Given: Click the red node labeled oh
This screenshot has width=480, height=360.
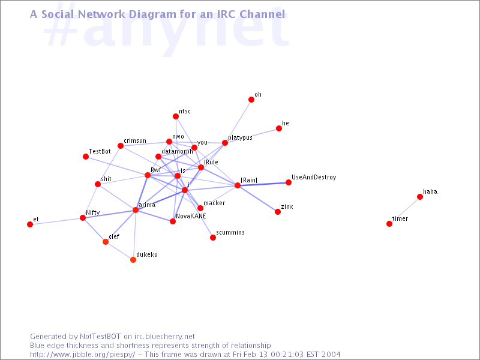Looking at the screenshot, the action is [251, 100].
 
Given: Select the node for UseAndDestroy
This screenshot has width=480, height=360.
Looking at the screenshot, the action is [289, 182].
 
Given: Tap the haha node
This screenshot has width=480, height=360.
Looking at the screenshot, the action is [420, 197].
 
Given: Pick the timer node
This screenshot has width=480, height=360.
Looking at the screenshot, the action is [389, 224].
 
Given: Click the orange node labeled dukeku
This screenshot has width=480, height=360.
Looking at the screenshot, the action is [133, 260].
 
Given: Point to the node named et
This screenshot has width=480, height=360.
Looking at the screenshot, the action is [30, 224].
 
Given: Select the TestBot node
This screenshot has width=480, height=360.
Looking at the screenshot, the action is [86, 157].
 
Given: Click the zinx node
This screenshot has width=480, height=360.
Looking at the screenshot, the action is [278, 212].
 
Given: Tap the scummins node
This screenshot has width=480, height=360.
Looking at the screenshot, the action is [213, 238].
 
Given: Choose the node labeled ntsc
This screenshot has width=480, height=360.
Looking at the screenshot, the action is [176, 116].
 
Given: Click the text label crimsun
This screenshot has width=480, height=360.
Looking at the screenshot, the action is [135, 140].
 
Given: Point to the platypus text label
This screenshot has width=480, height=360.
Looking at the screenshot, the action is [241, 138].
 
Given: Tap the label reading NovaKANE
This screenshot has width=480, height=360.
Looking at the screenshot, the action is [191, 216].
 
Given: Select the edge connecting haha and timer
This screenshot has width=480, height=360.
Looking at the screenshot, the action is [404, 211].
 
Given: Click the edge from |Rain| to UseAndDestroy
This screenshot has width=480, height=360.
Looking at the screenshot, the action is [263, 184].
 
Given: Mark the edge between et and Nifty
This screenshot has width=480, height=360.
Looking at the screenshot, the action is [56, 221].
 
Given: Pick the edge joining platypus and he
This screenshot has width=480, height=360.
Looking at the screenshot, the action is [252, 136].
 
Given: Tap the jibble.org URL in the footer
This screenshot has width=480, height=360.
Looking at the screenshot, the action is [82, 355].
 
